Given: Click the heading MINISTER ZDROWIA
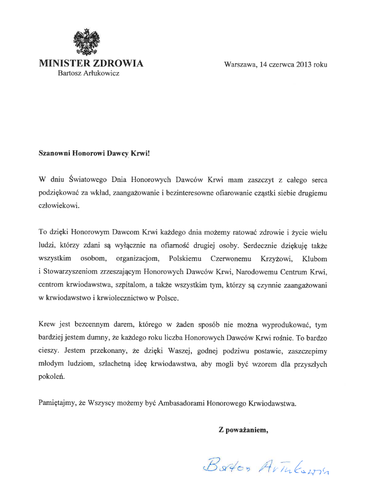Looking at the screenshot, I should (x=91, y=64).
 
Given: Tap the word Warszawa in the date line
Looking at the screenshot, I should (x=240, y=64).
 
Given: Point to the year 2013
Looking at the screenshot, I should (x=303, y=64).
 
